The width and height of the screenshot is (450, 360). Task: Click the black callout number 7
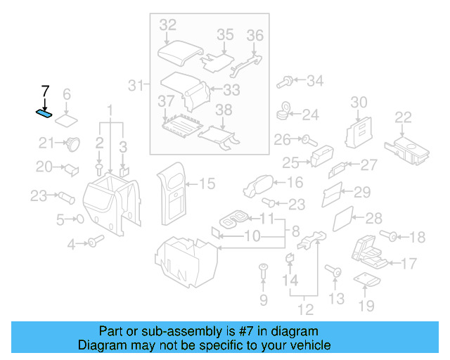pos(45,91)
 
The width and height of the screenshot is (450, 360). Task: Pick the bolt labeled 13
pos(333,271)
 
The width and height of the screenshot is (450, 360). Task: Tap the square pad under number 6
pos(67,115)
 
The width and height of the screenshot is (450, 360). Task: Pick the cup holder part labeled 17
pos(370,252)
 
